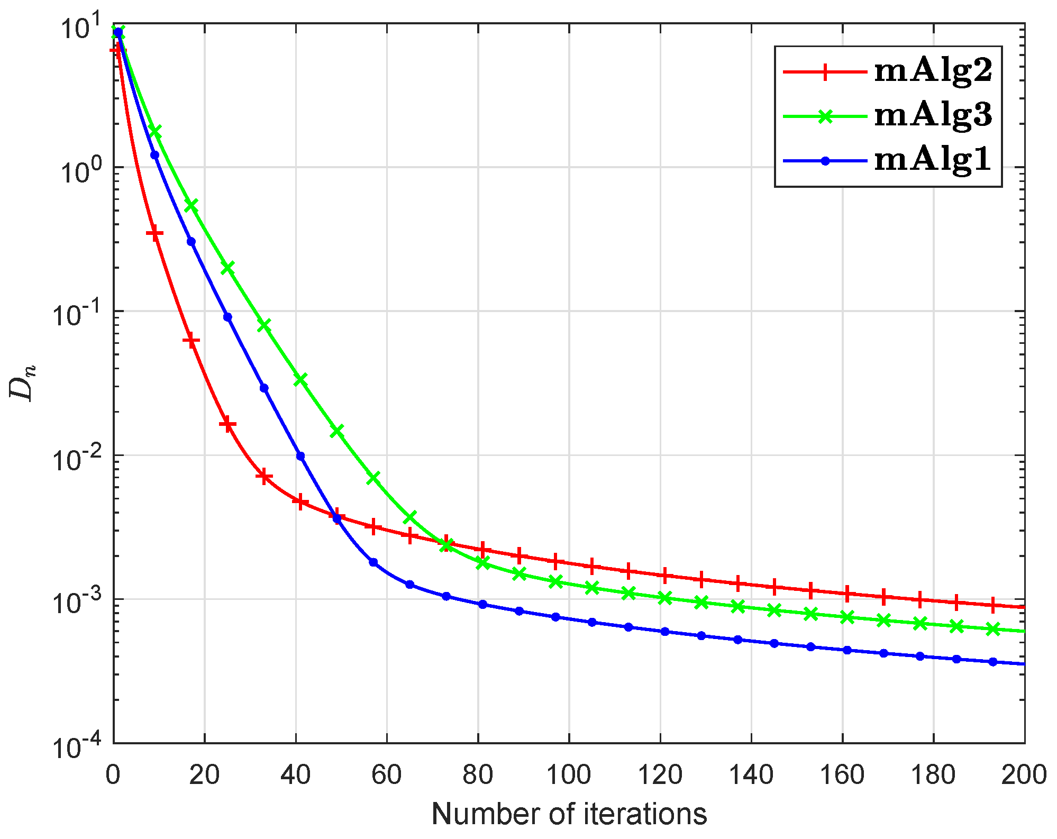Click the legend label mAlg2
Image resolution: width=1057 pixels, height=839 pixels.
coord(933,71)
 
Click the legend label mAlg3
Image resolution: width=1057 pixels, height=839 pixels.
coord(933,115)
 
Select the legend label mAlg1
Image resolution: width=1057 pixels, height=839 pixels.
coord(933,159)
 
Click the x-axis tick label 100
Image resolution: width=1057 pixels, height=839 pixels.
coord(568,776)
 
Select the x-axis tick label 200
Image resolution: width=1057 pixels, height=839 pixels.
coord(1024,776)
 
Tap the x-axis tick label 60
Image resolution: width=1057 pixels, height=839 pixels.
coord(386,776)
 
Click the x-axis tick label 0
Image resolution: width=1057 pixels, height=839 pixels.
coord(113,776)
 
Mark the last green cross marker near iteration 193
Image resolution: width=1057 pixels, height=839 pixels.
coord(993,629)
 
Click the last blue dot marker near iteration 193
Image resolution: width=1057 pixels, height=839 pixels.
coord(993,662)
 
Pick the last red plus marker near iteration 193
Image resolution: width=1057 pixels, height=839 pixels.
coord(993,605)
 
